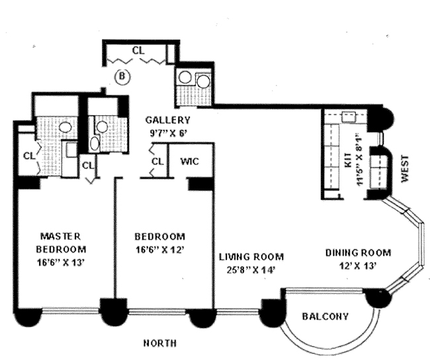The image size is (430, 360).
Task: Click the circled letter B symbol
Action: pyautogui.click(x=122, y=77)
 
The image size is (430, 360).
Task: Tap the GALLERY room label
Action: pyautogui.click(x=167, y=120)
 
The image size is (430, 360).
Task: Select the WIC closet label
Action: pyautogui.click(x=189, y=161)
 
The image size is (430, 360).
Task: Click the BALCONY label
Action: pyautogui.click(x=325, y=316)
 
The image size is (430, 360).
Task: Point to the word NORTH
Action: pyautogui.click(x=160, y=343)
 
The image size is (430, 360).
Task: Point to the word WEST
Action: pyautogui.click(x=405, y=169)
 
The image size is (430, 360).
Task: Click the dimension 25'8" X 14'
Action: pyautogui.click(x=251, y=270)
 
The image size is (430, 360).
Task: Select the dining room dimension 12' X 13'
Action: pyautogui.click(x=357, y=266)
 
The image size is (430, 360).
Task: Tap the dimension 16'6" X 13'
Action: pyautogui.click(x=60, y=263)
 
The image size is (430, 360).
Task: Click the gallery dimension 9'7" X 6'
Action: pyautogui.click(x=169, y=134)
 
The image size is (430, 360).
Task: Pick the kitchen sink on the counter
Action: pyautogui.click(x=349, y=117)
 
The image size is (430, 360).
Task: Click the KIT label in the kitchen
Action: pyautogui.click(x=348, y=160)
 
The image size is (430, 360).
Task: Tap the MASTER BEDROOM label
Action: pyautogui.click(x=61, y=243)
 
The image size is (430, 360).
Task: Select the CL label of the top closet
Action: pyautogui.click(x=138, y=50)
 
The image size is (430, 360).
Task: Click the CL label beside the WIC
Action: pyautogui.click(x=157, y=161)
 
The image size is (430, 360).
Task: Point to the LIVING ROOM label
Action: pyautogui.click(x=251, y=257)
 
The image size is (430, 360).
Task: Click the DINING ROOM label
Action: pyautogui.click(x=358, y=252)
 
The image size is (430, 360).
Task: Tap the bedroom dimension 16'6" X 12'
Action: pyautogui.click(x=159, y=249)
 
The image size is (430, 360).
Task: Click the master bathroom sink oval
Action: pyautogui.click(x=65, y=126)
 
